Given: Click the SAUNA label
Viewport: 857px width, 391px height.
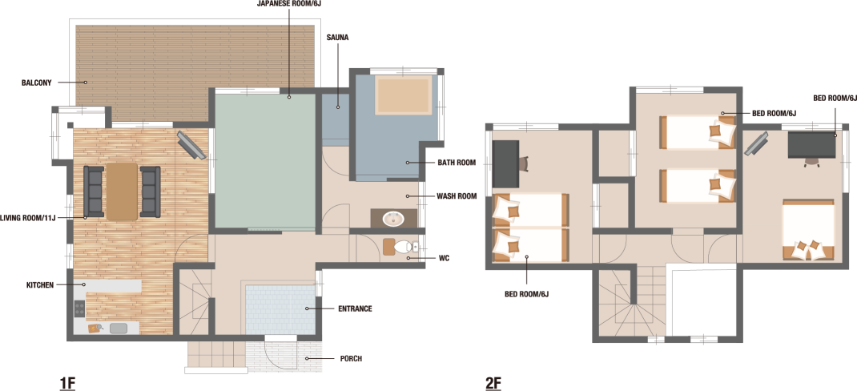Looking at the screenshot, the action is pos(337,38).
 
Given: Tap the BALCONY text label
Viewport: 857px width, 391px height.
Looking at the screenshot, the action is pos(37,83).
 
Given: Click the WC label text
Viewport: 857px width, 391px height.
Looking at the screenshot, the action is pos(444,258).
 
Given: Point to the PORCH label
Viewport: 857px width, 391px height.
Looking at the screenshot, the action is pos(350,359).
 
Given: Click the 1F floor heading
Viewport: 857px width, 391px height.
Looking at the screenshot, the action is pos(67,383).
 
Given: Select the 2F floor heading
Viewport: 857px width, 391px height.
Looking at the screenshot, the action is pos(493,383).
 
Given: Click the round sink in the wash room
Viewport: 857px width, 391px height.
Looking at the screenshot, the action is pos(393,220).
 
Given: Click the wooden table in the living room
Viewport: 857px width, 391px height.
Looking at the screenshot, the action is pos(122,191).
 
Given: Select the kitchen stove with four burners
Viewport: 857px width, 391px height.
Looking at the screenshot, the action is pos(80,308).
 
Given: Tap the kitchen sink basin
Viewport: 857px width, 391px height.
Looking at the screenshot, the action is pos(118,329).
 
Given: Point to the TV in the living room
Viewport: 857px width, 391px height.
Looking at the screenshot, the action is pos(191,145).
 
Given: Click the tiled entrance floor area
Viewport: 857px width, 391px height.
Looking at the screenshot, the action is pos(280,309).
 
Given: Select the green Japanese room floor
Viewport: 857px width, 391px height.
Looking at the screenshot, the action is pos(265,161).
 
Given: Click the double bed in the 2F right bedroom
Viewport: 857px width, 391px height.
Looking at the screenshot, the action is pos(808,230).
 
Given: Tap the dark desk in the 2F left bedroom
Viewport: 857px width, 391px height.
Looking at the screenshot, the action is pos(505,163).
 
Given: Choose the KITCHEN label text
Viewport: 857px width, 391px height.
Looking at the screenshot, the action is pos(40,285).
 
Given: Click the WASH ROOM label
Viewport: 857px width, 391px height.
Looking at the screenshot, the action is pos(457,195).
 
